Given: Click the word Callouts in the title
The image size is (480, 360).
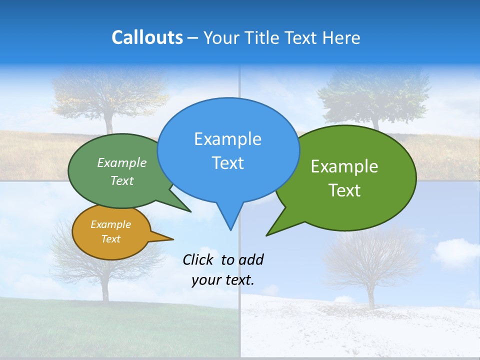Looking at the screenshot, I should point(147,37).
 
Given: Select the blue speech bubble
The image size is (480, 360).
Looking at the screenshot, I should point(228,150).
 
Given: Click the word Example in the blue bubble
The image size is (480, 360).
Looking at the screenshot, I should point(227,139).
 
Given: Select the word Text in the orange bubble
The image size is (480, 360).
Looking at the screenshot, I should point(111,239).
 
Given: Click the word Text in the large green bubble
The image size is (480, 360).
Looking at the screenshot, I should point(344,190).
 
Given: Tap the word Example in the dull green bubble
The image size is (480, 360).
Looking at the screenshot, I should point(122,163).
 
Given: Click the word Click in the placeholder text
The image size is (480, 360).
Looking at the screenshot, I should point(198,259).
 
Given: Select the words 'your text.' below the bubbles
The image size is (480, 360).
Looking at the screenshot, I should point(223,280).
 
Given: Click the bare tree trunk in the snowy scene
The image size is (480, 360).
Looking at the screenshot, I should point(370,295).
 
